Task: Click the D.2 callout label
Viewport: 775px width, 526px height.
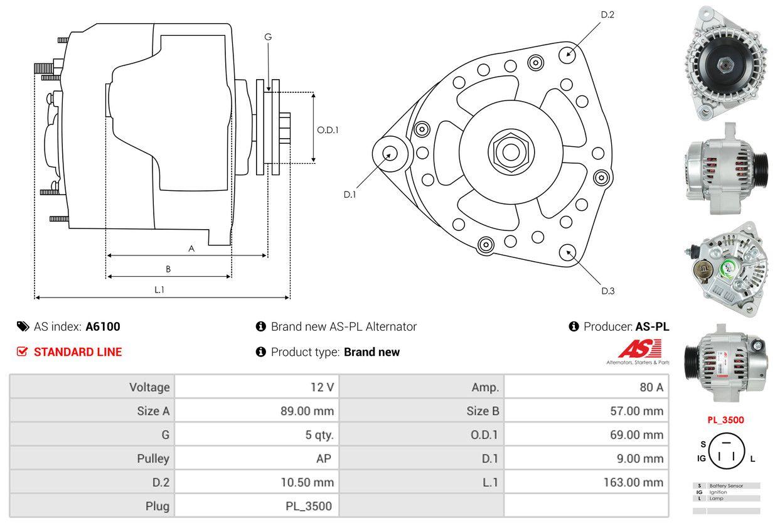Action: coord(607,14)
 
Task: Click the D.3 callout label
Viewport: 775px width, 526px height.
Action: coord(607,291)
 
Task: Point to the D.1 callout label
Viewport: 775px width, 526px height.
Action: coord(350,195)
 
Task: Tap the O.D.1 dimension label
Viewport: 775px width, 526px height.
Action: coord(328,130)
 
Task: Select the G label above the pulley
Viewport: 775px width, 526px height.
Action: coord(268,37)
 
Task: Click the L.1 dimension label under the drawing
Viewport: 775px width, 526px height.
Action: coord(159,289)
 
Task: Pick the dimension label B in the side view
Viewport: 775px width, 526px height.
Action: coord(168,269)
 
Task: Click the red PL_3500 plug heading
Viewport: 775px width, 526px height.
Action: coord(726,420)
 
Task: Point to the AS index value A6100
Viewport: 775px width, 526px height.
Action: coord(103,326)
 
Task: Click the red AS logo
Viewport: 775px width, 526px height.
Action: coord(639,349)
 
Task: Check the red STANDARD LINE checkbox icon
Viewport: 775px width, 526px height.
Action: coord(23,352)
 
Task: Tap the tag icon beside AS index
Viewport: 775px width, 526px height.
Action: coord(23,326)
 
